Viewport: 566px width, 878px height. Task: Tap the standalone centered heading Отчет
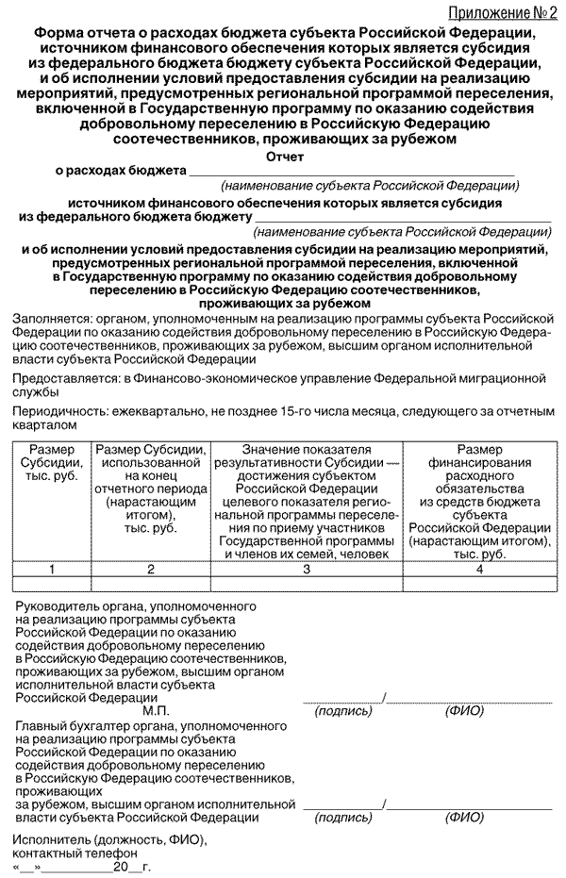tap(286, 157)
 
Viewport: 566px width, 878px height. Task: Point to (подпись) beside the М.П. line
tap(342, 711)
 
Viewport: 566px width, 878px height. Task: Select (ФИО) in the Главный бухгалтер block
tap(463, 818)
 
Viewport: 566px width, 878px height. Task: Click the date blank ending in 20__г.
tap(85, 866)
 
